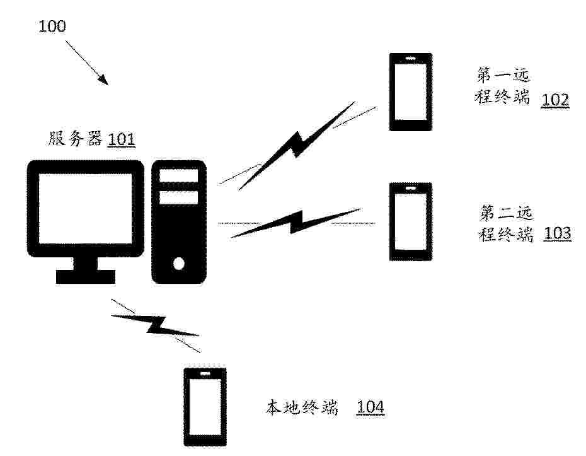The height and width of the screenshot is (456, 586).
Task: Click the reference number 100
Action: click(x=52, y=26)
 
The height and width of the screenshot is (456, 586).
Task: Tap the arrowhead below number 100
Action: click(x=104, y=79)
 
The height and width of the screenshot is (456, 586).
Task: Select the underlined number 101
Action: click(x=121, y=139)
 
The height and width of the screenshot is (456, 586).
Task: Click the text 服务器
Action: click(x=75, y=138)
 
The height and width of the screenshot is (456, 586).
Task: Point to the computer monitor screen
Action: click(x=86, y=208)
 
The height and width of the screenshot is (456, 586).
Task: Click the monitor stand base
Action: click(x=86, y=276)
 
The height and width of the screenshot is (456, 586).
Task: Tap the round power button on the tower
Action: click(x=179, y=264)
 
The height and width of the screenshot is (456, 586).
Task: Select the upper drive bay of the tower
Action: click(x=179, y=176)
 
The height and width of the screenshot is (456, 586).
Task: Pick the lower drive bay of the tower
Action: click(x=179, y=197)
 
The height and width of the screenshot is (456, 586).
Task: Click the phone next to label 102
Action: click(x=411, y=92)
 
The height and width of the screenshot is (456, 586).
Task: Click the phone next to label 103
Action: click(x=411, y=221)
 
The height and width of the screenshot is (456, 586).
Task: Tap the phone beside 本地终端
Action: click(x=205, y=407)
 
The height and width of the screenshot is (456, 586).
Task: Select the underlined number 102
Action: click(x=555, y=100)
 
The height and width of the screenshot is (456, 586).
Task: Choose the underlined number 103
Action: click(x=557, y=233)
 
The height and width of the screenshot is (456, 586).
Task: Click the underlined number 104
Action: click(x=371, y=407)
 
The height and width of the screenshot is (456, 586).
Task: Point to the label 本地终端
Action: click(x=302, y=407)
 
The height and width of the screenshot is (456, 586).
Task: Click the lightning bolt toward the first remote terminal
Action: click(x=297, y=146)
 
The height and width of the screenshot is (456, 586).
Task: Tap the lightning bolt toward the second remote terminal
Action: click(x=296, y=223)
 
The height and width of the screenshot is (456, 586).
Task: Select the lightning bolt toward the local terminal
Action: click(x=155, y=325)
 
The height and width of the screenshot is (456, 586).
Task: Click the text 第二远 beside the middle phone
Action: click(x=505, y=213)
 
